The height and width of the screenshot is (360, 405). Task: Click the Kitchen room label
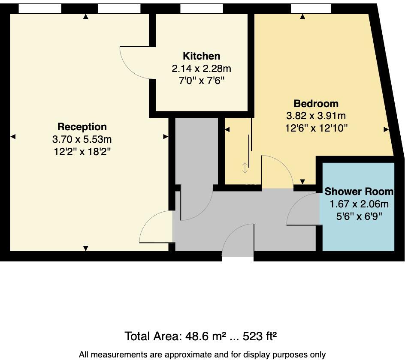pos(201,56)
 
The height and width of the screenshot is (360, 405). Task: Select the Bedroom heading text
pos(316,104)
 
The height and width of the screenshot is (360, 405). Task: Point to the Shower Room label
pos(359,192)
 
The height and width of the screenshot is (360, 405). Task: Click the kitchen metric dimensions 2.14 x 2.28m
pos(201,69)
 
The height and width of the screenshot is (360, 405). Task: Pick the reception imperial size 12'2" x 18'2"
pos(82,151)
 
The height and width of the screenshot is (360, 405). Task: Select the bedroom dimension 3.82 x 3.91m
pos(316,116)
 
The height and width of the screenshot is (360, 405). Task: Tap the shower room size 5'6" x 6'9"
pos(359,216)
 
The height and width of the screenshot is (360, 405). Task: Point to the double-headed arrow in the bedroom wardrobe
pos(245,168)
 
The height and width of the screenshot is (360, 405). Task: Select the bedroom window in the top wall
pos(311,8)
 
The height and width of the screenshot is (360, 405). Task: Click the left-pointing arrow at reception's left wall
pos(13,137)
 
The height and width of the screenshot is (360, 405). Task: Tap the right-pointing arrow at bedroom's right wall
pos(386,129)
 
